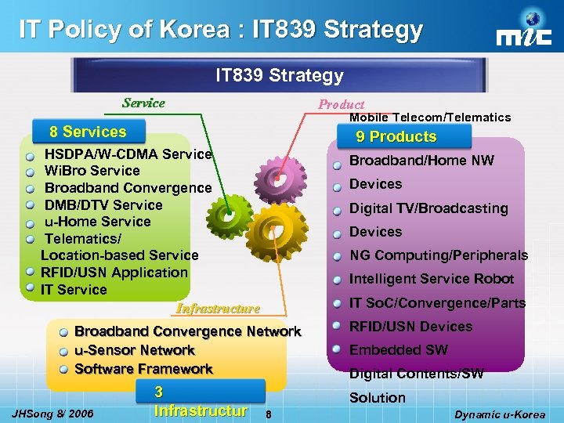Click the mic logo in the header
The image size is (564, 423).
525,31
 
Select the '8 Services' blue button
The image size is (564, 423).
87,132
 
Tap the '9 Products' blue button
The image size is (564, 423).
395,137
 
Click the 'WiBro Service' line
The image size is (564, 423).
92,171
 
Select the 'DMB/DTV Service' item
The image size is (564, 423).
103,205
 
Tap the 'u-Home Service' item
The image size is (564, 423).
97,222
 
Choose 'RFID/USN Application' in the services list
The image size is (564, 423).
114,273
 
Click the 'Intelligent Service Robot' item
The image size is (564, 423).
432,279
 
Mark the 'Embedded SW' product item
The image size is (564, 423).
399,350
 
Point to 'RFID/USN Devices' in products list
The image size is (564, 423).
410,327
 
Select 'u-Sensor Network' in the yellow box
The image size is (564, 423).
134,350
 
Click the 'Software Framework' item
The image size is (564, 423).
143,369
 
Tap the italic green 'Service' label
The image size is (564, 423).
143,103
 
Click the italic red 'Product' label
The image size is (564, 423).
341,104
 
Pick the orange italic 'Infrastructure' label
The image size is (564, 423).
219,308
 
